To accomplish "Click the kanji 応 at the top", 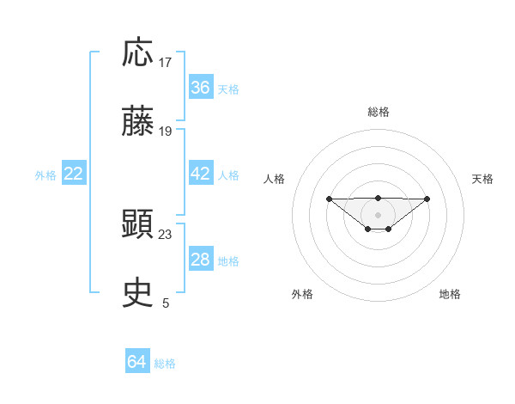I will (x=138, y=54).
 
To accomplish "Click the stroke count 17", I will (x=166, y=63).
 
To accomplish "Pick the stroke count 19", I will (x=166, y=132).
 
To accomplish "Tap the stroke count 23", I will (x=166, y=234).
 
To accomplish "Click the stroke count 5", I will (x=166, y=303).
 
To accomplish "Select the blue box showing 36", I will (x=201, y=88).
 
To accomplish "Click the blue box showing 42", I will (x=201, y=174).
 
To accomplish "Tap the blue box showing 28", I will (x=201, y=260).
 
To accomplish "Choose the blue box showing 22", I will (x=74, y=174).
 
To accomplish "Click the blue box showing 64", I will (x=137, y=363).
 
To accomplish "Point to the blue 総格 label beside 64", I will (x=165, y=364).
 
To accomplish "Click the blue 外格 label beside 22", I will (x=45, y=174).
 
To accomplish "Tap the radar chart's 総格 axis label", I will (x=379, y=112).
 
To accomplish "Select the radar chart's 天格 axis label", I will (x=482, y=179).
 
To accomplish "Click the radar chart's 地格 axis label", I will (x=450, y=294).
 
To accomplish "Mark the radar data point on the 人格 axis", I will (x=329, y=199).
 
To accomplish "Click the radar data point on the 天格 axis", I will (x=427, y=199).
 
